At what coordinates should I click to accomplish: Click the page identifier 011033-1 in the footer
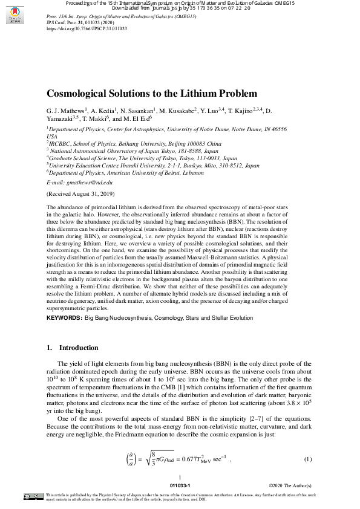[x=180, y=485]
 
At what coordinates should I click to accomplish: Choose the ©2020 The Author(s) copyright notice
[x=289, y=485]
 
